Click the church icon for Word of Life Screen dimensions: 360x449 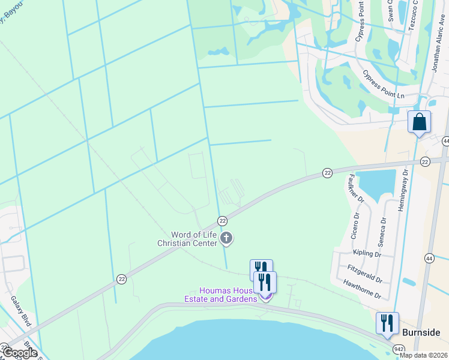227,239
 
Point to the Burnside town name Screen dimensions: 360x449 421,332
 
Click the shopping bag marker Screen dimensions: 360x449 419,122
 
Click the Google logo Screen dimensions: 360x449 20,353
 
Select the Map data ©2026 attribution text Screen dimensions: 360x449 423,355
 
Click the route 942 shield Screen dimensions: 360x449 399,349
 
